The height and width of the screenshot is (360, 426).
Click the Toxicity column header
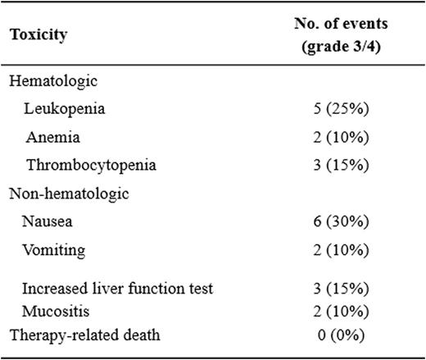pos(39,35)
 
